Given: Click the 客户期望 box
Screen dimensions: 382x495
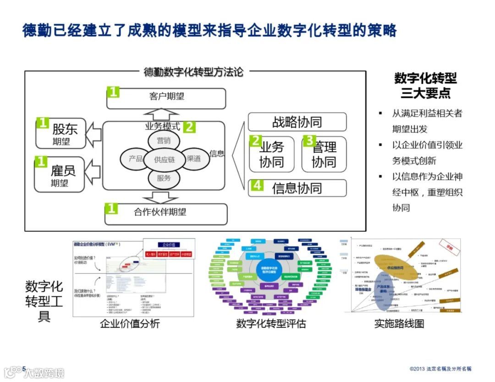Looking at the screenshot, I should click(166, 98).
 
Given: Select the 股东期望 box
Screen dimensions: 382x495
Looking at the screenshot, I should click(61, 133).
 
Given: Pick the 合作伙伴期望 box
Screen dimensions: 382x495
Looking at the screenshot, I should click(166, 213).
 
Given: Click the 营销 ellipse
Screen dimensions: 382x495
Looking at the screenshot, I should click(164, 140).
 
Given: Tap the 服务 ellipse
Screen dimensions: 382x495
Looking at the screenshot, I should click(164, 178).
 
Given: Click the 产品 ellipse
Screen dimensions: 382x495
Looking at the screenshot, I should click(135, 159).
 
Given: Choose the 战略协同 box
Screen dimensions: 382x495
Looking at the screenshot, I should click(297, 122).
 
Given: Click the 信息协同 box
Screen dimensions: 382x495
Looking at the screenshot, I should click(297, 188).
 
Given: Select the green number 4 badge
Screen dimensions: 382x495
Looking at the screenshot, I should click(257, 185).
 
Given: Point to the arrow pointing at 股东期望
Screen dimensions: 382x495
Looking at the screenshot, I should click(93, 133).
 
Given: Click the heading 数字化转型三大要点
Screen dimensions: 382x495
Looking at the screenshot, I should click(425, 86).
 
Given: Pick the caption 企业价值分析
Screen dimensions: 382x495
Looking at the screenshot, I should click(130, 324).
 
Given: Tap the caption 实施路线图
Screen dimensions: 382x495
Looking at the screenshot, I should click(399, 323).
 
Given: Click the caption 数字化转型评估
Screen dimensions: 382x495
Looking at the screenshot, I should click(271, 324).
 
